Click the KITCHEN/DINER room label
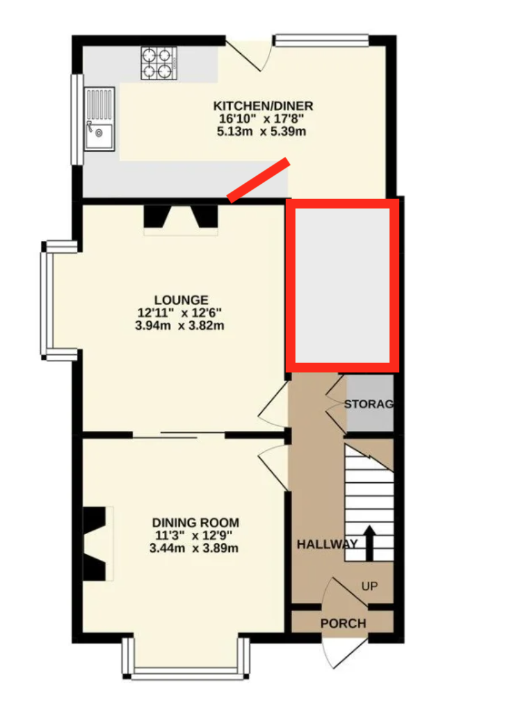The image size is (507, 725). click(263, 106)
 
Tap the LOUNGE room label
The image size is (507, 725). click(181, 300)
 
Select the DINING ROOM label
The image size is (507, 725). click(195, 523)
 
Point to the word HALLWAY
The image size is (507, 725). click(327, 544)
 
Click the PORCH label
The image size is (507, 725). click(343, 624)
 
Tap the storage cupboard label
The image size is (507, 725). click(369, 404)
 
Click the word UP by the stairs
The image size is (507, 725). click(369, 586)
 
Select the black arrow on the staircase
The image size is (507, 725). click(369, 543)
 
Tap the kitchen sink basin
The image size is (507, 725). click(99, 136)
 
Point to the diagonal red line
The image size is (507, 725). click(259, 180)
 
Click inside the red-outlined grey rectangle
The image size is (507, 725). click(342, 285)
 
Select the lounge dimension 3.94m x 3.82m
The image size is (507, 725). click(180, 325)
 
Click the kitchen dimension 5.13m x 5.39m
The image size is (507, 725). click(262, 131)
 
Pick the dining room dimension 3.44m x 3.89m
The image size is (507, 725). click(194, 548)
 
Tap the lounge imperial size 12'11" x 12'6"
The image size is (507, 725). click(180, 313)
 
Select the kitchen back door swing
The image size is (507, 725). click(247, 54)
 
